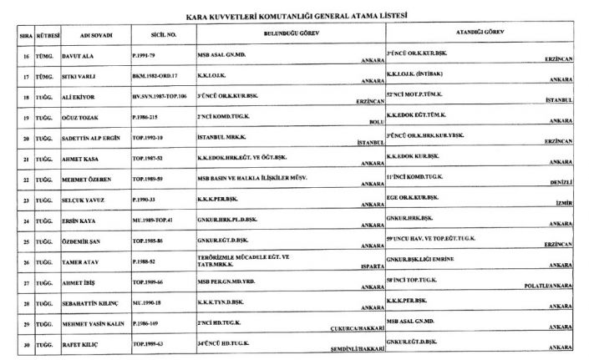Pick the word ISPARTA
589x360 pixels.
coord(369,270)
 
